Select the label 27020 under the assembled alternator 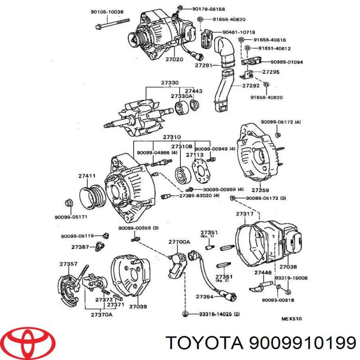pyautogui.click(x=174, y=59)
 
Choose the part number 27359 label pyautogui.click(x=260, y=190)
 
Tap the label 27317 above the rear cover pyautogui.click(x=245, y=214)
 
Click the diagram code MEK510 pyautogui.click(x=291, y=319)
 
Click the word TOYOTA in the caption pyautogui.click(x=203, y=344)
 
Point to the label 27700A pyautogui.click(x=179, y=242)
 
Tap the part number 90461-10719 pyautogui.click(x=238, y=32)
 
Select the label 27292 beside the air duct pyautogui.click(x=251, y=85)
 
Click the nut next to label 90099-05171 pyautogui.click(x=69, y=202)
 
